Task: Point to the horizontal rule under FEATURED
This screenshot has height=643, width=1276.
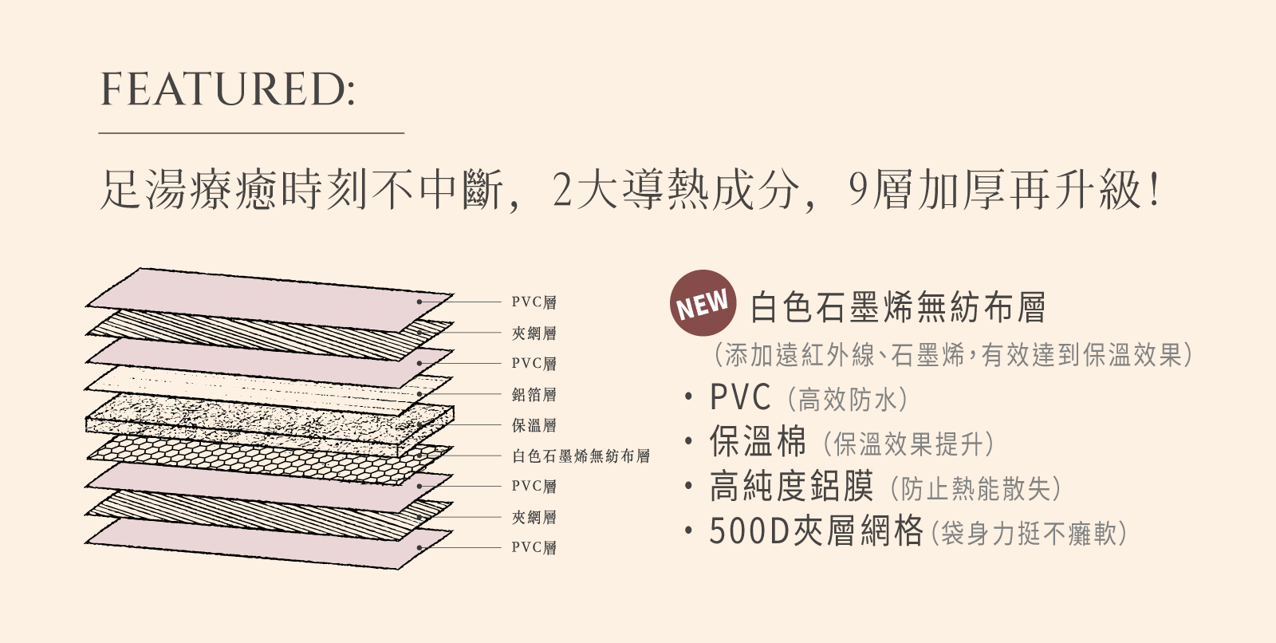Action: coord(251,133)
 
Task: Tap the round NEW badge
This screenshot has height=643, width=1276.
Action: coord(703,303)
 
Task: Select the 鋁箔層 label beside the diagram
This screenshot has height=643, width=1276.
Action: coord(534,394)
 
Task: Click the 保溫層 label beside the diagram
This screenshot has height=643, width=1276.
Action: coord(534,425)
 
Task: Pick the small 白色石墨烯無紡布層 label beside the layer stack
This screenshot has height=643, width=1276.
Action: coord(581,456)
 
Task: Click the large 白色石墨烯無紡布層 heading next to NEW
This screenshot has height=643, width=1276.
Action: coord(897,307)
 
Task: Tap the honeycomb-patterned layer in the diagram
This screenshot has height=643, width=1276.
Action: coord(239,459)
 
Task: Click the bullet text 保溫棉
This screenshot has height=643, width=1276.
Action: coord(758,441)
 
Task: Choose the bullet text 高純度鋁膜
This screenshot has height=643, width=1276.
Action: coord(791,487)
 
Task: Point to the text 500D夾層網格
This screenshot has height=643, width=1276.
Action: coord(816,531)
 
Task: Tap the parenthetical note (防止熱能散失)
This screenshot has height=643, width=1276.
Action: coord(975,488)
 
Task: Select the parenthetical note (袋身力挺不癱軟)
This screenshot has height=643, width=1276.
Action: coord(1029,533)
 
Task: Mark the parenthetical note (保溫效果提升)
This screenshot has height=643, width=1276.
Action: coord(908,444)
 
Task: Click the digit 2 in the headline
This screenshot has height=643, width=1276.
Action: coord(563,191)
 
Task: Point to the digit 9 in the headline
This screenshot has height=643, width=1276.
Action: coord(858,191)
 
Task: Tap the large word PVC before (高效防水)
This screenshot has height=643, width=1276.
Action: coord(740,396)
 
